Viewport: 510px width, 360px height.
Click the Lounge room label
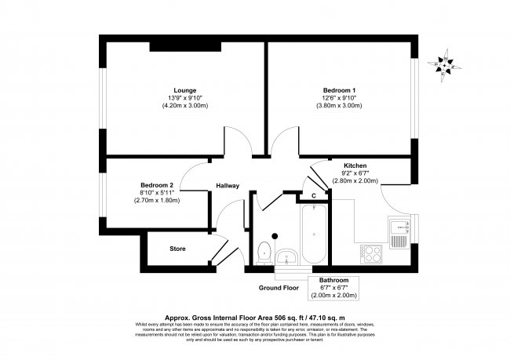(185, 89)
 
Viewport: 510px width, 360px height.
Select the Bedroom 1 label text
(339, 89)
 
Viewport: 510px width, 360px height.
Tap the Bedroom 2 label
(157, 185)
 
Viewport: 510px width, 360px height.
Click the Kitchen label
(355, 166)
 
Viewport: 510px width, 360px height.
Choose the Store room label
(177, 249)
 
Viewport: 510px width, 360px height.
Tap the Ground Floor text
(281, 288)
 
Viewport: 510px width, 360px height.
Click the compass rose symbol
(445, 65)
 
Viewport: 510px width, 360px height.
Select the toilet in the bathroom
(264, 252)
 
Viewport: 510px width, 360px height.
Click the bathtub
(313, 235)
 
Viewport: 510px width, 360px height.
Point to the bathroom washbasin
(286, 255)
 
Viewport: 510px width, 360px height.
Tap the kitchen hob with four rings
(370, 253)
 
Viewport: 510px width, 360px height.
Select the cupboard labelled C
(313, 195)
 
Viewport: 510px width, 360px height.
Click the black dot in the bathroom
(275, 234)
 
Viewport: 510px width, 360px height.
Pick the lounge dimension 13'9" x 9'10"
(185, 97)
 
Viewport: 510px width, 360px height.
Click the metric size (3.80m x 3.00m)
(339, 105)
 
